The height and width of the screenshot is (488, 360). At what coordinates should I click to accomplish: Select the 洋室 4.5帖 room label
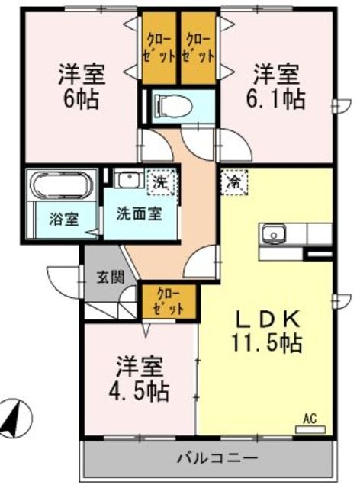141,378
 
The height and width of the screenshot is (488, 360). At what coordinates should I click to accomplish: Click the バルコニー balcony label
207,459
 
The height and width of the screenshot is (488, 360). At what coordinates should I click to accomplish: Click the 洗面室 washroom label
139,214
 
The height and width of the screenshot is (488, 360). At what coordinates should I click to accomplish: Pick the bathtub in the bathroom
60,185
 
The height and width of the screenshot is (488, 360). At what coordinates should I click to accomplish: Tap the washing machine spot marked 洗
162,181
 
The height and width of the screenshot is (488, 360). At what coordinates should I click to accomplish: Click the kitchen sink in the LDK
274,233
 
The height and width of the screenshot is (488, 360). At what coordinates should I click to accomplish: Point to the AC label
310,419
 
